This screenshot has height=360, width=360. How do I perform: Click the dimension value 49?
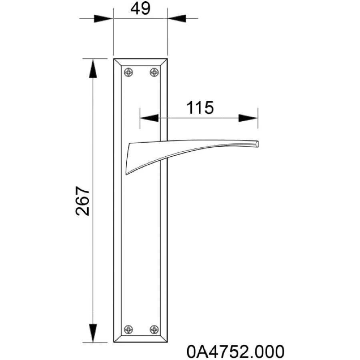coord(140,9)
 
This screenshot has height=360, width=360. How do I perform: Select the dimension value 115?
coord(200,108)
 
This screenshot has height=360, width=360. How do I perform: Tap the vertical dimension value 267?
coord(82,201)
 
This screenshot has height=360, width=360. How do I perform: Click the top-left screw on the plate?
coord(128,72)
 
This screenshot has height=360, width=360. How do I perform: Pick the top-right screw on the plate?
coord(154,72)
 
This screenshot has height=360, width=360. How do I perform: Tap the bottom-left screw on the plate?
coord(128,330)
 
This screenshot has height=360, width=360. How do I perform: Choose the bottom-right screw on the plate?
coord(154,330)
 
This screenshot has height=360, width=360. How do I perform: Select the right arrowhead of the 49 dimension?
coord(176,18)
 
